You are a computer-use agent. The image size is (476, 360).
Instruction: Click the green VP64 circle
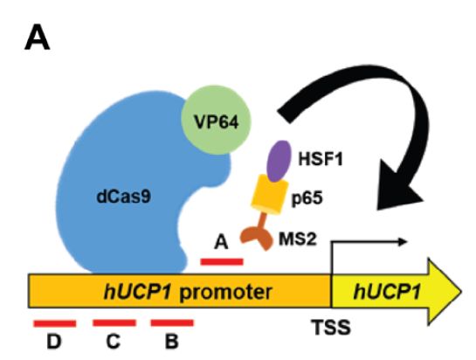pos(216,121)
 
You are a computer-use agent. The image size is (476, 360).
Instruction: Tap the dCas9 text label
pos(123,197)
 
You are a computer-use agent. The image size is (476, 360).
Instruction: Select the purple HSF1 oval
pos(279,161)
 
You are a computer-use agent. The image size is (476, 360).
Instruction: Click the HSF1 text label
pos(321,159)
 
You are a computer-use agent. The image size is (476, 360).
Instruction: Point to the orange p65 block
pos(270,195)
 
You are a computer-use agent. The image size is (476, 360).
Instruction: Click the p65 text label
pos(307,198)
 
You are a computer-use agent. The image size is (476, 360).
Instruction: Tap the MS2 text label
pos(298,239)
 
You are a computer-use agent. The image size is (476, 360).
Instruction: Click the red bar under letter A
pos(222,261)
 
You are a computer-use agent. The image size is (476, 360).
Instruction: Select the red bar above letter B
pos(172,323)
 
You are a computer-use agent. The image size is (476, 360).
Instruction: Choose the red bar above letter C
pos(114,323)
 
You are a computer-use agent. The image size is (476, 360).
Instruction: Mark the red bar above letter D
pos(55,324)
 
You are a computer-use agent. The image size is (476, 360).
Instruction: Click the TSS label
pos(331,328)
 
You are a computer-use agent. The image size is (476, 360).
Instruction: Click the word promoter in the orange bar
pos(225,292)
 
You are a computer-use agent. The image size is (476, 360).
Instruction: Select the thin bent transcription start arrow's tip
pos(406,242)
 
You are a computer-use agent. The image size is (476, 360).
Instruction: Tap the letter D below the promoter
pos(54,342)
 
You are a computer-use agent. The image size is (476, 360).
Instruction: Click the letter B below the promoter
pos(171,342)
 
